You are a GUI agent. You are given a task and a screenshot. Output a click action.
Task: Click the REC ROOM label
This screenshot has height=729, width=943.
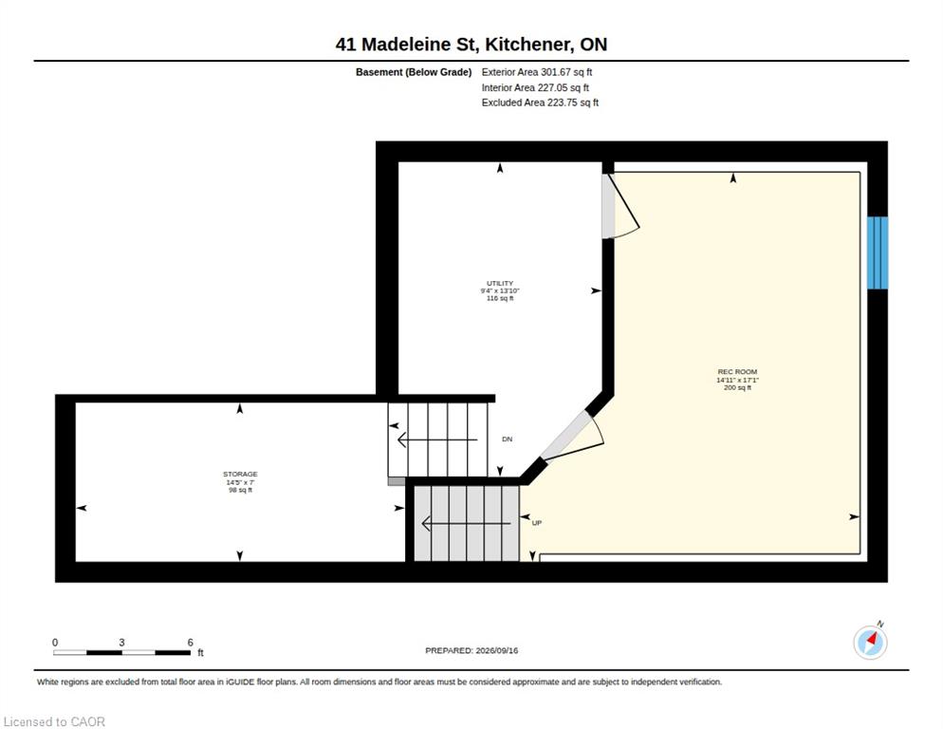coord(737,372)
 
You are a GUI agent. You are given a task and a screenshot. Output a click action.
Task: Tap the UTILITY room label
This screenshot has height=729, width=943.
coord(500,283)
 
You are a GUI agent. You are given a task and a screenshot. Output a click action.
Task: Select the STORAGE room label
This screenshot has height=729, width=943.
coord(240,475)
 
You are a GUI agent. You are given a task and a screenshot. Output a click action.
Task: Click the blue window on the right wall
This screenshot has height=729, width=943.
coord(878,252)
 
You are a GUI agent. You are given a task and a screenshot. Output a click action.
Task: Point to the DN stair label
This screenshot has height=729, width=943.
coord(507,439)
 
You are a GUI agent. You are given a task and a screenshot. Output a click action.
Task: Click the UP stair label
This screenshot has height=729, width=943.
coord(536,523)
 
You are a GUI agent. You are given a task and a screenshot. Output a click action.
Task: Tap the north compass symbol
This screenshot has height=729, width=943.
coord(870,642)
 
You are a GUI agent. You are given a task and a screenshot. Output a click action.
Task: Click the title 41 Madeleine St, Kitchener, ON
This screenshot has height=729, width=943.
coord(471,45)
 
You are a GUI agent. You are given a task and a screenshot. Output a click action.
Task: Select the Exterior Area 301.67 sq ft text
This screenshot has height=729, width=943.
coord(536,72)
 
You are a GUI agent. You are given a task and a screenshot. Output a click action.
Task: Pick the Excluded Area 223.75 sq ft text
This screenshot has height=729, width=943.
coord(540,103)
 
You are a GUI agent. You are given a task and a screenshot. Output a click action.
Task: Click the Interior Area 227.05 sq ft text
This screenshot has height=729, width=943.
coord(535,88)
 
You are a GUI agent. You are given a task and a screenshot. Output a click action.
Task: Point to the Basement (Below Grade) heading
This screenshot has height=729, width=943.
coord(414,72)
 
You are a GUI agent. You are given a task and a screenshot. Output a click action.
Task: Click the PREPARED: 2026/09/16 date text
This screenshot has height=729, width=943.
coord(471,651)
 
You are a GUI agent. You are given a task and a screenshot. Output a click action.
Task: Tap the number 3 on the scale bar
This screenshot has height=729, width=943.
coord(121,643)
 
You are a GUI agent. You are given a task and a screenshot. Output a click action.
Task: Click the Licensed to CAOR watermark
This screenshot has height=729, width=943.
coord(54,721)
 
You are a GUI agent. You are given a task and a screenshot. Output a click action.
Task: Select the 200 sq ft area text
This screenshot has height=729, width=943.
coord(737,387)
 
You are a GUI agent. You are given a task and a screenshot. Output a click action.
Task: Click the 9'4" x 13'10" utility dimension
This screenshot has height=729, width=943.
coord(500,290)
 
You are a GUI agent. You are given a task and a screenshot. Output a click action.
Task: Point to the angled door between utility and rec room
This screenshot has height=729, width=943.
coord(571,437)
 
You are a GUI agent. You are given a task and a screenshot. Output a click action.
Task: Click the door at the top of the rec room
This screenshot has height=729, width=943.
coord(619,206)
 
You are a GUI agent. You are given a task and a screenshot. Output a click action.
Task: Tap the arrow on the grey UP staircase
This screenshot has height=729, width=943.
coord(466,524)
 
